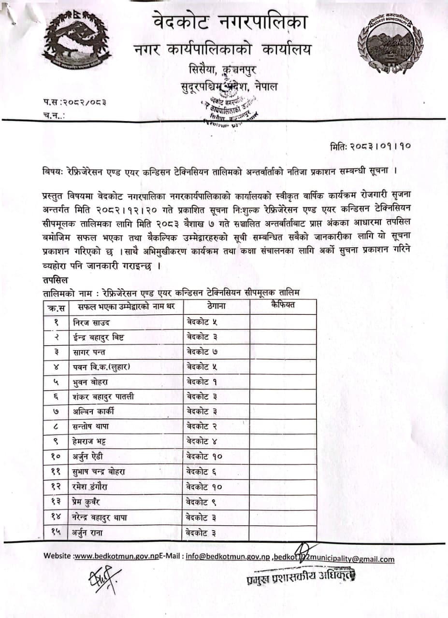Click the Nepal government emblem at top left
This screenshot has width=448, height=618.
77,41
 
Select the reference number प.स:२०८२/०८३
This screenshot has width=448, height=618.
74,102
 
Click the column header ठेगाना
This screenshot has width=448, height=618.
217,306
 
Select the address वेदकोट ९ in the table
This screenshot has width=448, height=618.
205,502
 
